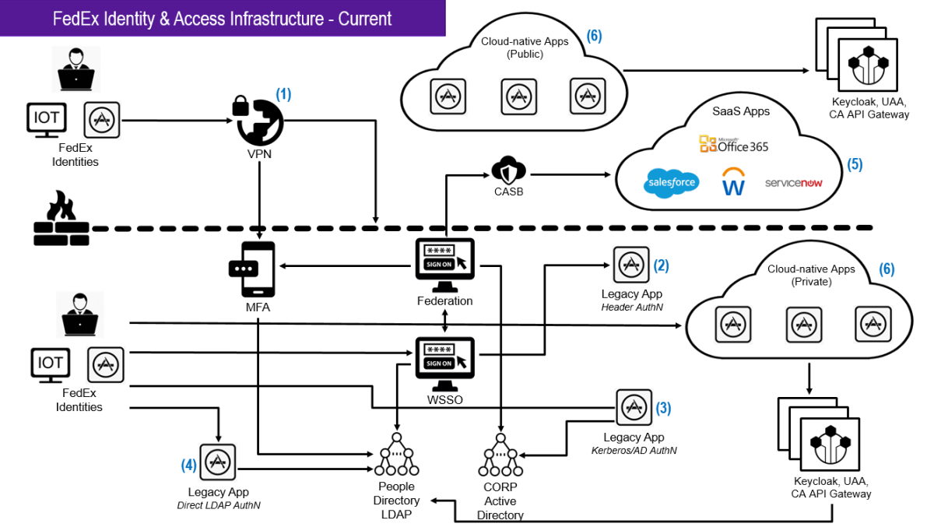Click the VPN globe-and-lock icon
click(258, 121)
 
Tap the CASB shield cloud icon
click(509, 170)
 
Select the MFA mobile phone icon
click(253, 269)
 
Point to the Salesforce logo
click(671, 183)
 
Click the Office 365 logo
click(734, 144)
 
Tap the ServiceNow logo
click(793, 183)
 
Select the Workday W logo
click(733, 181)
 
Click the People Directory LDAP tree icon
click(396, 455)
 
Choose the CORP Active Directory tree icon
click(500, 455)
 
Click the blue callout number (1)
click(283, 94)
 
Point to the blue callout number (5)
click(855, 164)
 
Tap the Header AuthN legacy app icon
click(631, 265)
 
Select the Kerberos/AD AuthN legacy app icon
click(634, 407)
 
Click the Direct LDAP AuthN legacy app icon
click(218, 462)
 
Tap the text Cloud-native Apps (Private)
click(811, 275)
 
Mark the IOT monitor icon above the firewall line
click(47, 120)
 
